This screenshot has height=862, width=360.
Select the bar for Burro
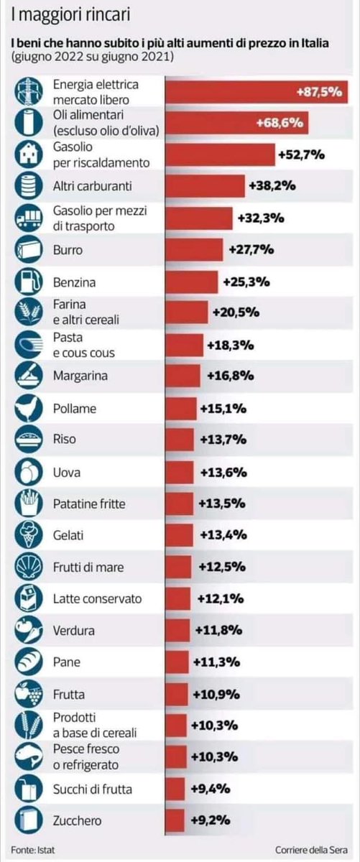point(195,250)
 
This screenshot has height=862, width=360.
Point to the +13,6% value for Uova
point(221,472)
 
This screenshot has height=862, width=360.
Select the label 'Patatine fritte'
point(89,504)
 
